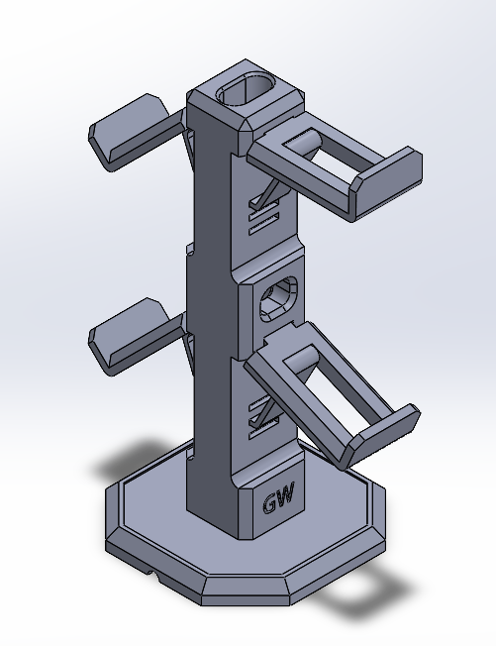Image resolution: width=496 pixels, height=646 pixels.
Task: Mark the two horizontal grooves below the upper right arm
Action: [x=266, y=219]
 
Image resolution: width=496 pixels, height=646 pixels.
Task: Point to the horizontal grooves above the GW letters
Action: [x=264, y=409]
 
